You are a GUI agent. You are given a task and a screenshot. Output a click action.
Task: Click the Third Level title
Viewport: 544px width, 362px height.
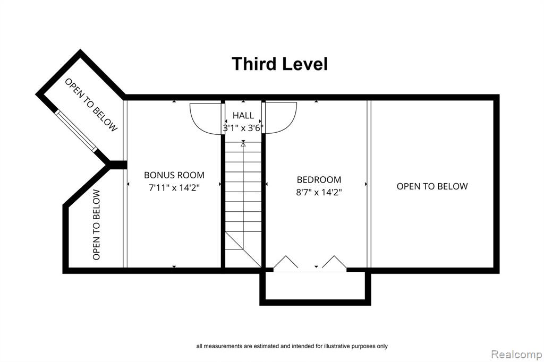point(279,64)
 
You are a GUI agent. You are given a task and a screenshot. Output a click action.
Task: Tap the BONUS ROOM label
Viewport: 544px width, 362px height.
point(174,175)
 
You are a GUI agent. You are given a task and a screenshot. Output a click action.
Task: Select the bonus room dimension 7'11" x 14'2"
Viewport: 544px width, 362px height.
point(174,188)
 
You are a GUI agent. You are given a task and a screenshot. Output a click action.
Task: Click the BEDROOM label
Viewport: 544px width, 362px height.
point(319,179)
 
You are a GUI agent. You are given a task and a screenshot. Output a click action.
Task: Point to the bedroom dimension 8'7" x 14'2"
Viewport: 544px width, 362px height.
point(319,192)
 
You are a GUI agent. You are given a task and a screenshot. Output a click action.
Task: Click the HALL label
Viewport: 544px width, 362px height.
point(243,115)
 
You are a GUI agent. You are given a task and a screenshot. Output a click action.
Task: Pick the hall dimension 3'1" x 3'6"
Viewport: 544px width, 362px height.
point(243,128)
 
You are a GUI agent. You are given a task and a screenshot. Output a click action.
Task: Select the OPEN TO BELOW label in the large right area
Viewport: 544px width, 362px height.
point(432,186)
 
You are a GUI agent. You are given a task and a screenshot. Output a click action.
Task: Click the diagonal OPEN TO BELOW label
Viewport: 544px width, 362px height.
point(91,105)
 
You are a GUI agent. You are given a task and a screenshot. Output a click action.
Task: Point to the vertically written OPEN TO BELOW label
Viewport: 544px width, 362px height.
point(97,225)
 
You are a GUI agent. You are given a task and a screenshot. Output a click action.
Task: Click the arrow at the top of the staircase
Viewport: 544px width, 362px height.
point(243,143)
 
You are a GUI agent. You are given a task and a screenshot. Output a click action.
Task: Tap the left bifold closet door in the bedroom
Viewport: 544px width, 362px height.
point(285,262)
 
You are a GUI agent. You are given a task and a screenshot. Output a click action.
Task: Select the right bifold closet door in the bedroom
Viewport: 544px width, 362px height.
point(334,262)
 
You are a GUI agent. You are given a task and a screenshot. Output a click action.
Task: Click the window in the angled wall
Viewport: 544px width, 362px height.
point(76,131)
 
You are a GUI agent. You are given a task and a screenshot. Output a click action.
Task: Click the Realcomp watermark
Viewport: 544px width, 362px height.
point(516,355)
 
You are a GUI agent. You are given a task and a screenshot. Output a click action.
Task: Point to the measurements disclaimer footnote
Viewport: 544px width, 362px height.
point(292,346)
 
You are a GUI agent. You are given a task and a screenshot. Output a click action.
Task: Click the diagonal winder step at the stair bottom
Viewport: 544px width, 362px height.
point(243,249)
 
